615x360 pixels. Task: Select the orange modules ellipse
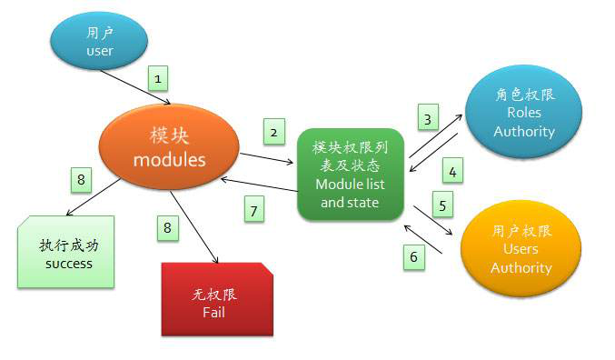tap(169, 148)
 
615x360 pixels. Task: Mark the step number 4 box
tap(451, 169)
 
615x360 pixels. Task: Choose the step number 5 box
tap(442, 205)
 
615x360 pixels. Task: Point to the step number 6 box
tap(414, 257)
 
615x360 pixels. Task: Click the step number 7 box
tap(254, 211)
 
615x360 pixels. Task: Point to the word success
tap(68, 264)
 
